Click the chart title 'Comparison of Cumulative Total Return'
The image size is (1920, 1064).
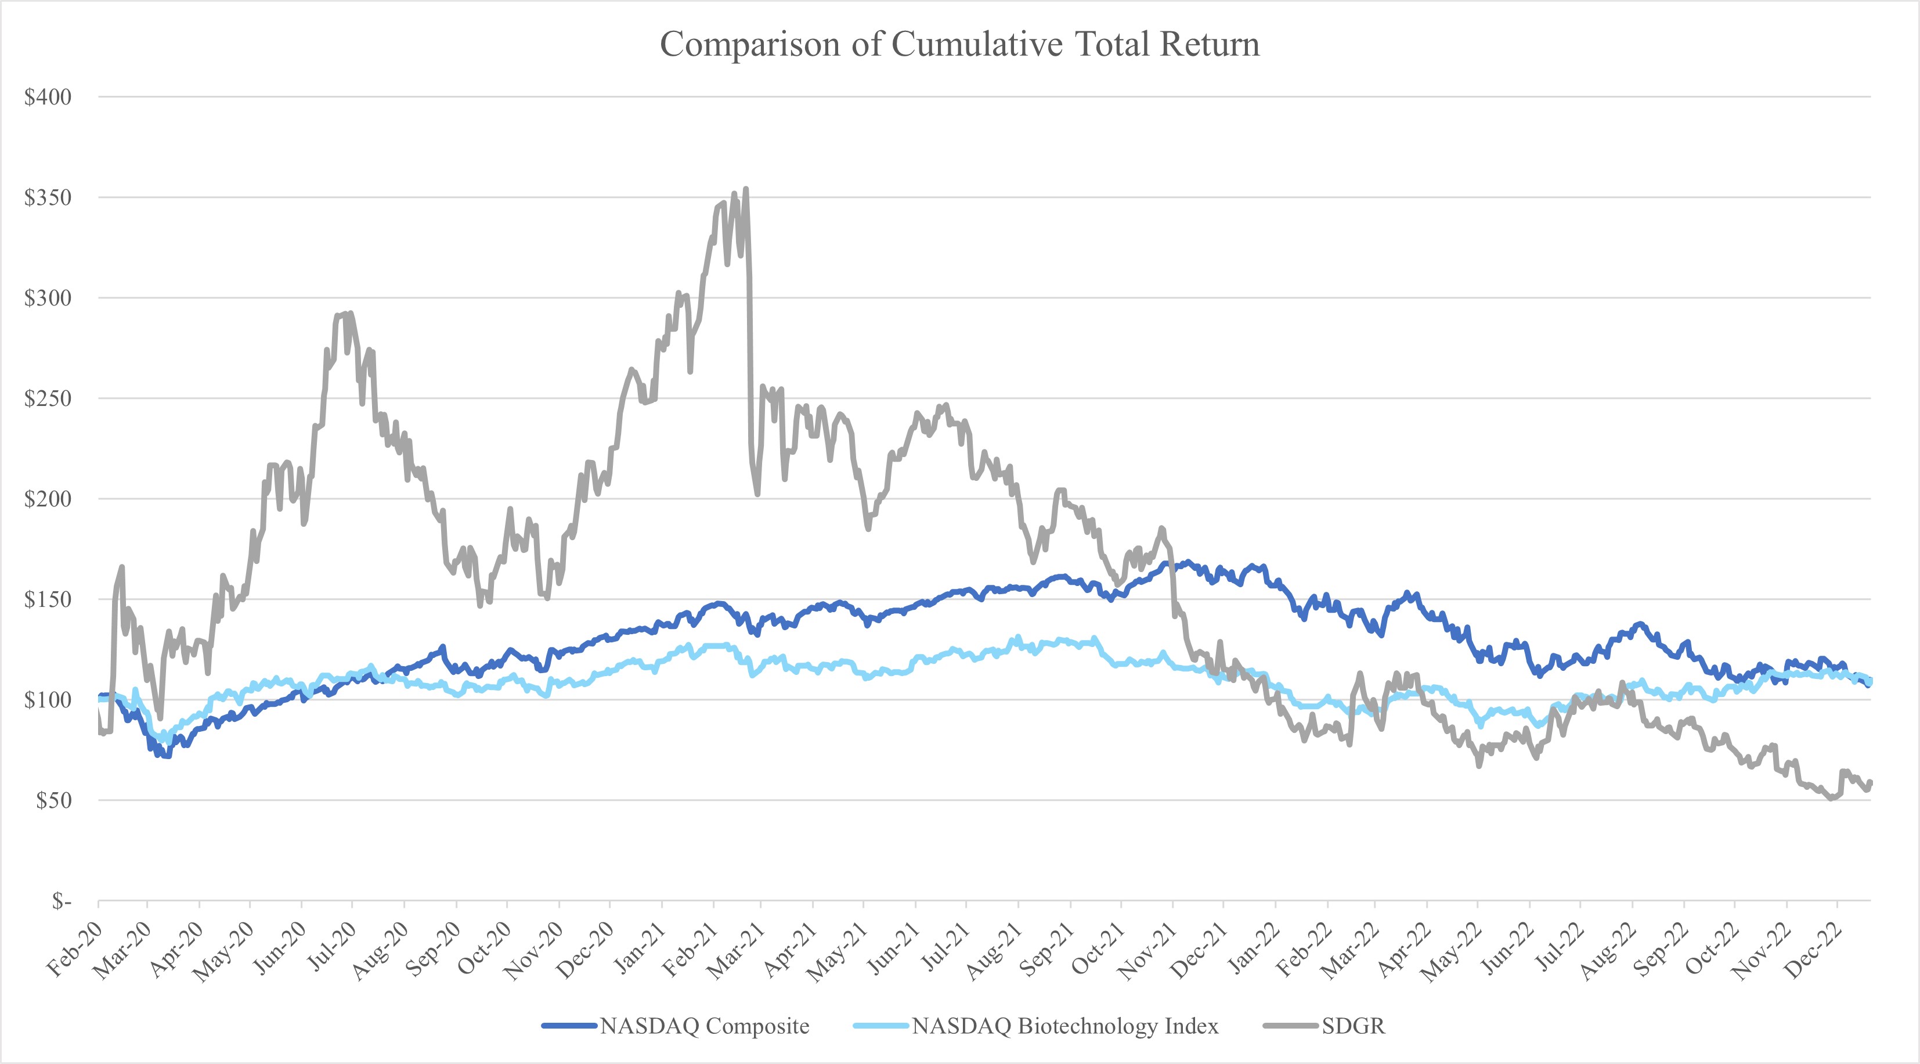pos(959,45)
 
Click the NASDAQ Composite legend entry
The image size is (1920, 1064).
pos(705,1026)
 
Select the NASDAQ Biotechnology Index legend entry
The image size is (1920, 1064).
pos(1064,1026)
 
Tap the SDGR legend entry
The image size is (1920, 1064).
pos(1353,1026)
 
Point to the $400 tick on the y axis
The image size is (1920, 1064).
pos(48,97)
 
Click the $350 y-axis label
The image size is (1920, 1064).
pos(48,197)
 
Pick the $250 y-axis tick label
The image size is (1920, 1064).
pos(48,398)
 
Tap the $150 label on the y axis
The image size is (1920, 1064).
pos(48,599)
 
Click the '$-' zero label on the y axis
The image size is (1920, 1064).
pos(61,901)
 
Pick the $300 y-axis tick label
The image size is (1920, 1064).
pos(48,299)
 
